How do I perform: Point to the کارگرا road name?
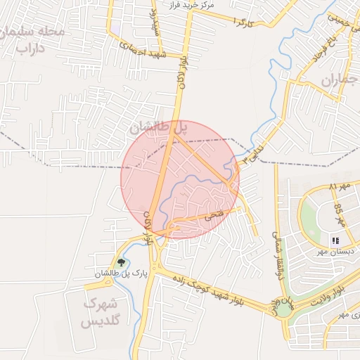click(x=241, y=23)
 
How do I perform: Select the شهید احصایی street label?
click(x=142, y=49)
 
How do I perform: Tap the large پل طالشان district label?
click(x=160, y=129)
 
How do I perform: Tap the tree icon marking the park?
click(x=122, y=262)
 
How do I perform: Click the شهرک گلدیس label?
click(x=100, y=313)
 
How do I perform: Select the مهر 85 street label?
click(x=339, y=212)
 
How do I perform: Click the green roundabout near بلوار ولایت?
click(x=283, y=309)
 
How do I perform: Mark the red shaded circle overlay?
click(x=180, y=179)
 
